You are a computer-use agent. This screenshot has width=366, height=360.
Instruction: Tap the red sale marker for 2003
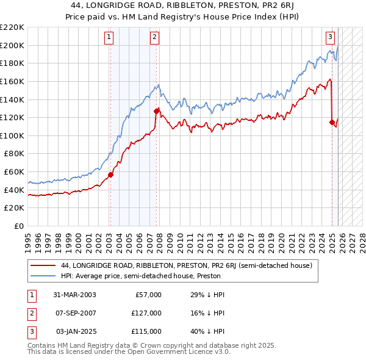tap(110, 175)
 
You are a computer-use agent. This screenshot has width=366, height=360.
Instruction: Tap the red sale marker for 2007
tap(157, 111)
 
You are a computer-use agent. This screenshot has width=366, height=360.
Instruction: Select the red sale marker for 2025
tap(332, 122)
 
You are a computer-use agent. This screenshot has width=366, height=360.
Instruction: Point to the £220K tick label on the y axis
tap(12, 27)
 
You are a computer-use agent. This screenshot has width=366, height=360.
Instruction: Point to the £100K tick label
tap(12, 135)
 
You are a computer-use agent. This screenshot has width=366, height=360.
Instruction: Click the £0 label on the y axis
tap(19, 226)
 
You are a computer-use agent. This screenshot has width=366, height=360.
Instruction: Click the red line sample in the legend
tap(43, 265)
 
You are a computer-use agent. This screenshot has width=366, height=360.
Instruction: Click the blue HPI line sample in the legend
tap(43, 276)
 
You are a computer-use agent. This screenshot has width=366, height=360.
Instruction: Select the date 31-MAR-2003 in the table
tap(74, 295)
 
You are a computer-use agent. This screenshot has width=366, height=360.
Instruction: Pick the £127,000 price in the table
tap(147, 313)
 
